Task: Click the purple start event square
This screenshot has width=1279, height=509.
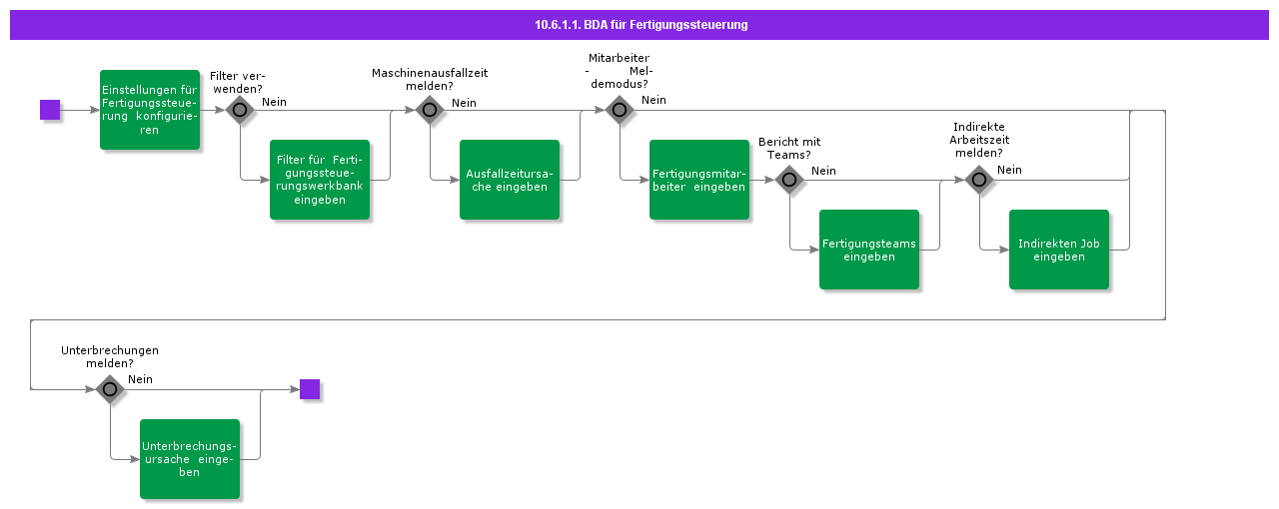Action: click(x=50, y=110)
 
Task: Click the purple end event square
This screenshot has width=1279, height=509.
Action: click(x=310, y=389)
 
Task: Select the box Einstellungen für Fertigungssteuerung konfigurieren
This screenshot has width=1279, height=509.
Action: click(x=150, y=110)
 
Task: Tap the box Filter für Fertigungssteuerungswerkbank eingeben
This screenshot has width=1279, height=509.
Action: click(x=320, y=180)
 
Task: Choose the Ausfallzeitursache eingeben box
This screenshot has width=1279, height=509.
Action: click(x=510, y=180)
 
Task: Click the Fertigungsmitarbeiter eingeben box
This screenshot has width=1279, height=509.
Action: click(x=699, y=180)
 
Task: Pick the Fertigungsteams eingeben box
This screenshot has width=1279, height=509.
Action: click(x=869, y=250)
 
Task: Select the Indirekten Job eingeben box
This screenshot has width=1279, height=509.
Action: click(x=1059, y=250)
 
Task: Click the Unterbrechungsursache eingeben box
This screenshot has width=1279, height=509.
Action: click(x=190, y=459)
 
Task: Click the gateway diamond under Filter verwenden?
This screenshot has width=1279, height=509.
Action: click(x=240, y=110)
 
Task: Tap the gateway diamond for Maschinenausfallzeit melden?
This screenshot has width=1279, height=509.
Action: click(x=430, y=110)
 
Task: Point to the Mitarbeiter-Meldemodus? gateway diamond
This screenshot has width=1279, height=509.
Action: click(x=620, y=110)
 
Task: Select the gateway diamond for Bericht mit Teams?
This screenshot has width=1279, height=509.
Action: click(x=789, y=180)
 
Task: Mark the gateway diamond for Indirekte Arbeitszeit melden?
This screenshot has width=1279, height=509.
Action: click(x=979, y=180)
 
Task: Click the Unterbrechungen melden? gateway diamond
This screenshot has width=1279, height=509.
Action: click(x=110, y=389)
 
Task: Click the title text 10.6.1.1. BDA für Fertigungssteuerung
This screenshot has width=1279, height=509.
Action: click(x=640, y=25)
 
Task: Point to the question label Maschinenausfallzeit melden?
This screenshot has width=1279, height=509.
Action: click(x=430, y=80)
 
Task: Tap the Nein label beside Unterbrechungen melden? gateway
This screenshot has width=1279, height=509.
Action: click(x=140, y=379)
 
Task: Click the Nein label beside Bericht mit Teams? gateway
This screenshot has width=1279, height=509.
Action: click(x=823, y=171)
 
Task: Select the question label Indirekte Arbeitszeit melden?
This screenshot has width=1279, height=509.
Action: click(x=978, y=140)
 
